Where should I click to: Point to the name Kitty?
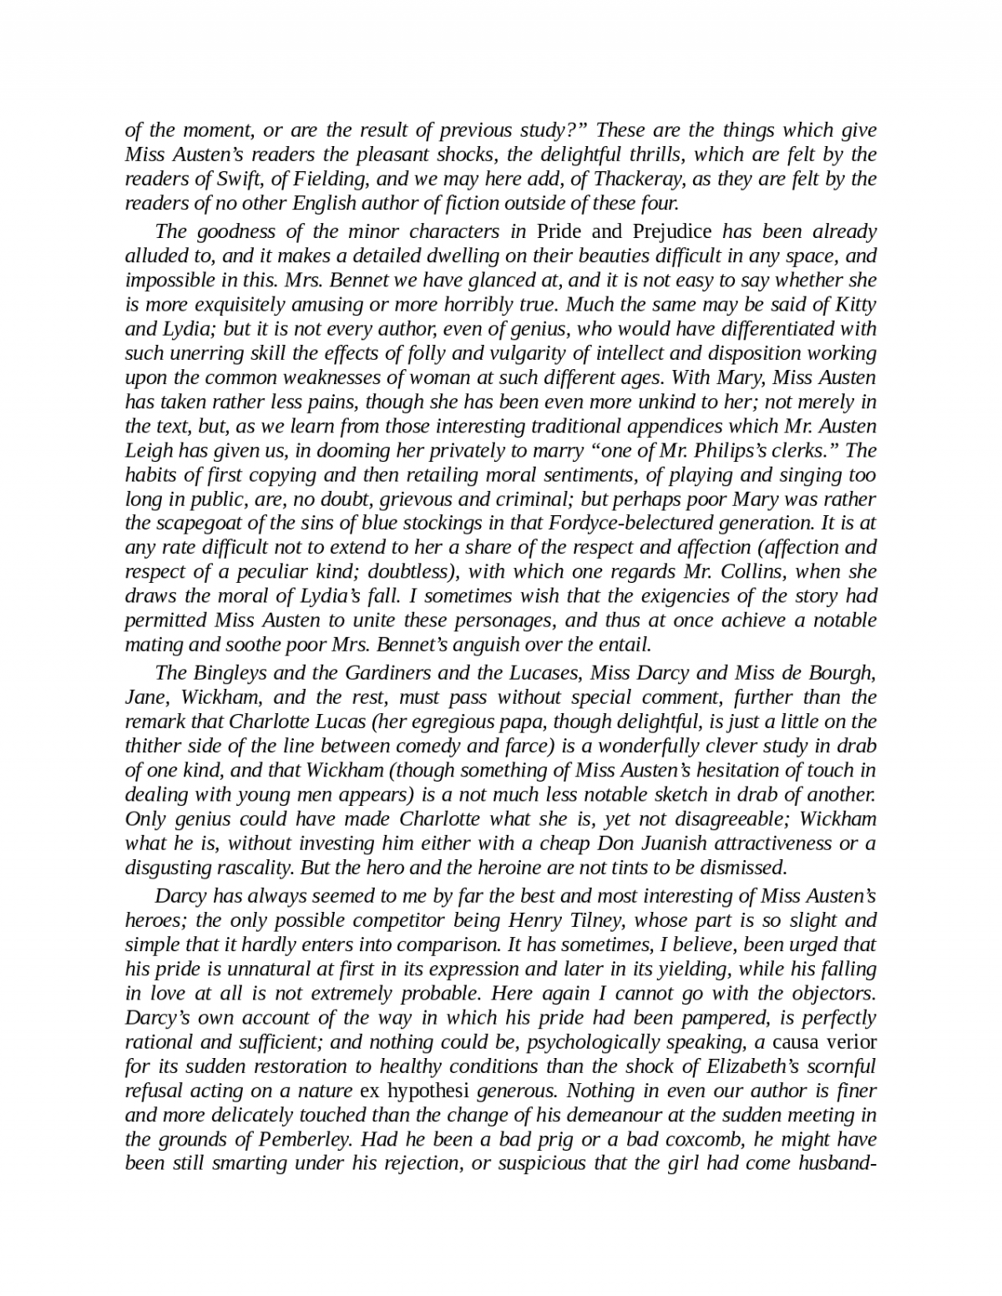[852, 304]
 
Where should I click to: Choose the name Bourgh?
[842, 673]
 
